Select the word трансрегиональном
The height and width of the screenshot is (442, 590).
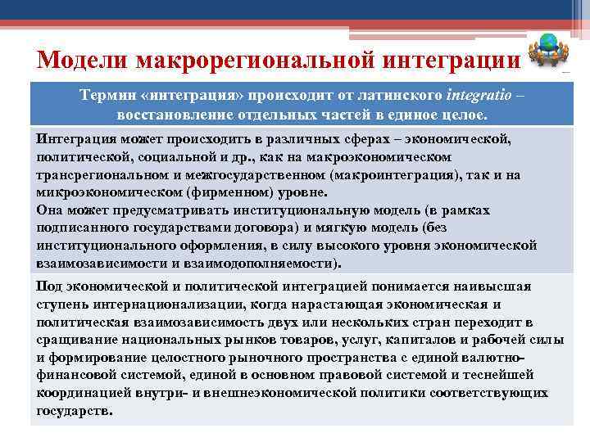pyautogui.click(x=101, y=174)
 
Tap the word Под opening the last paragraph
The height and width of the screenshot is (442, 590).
pyautogui.click(x=50, y=286)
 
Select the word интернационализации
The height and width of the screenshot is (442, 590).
pyautogui.click(x=179, y=304)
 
